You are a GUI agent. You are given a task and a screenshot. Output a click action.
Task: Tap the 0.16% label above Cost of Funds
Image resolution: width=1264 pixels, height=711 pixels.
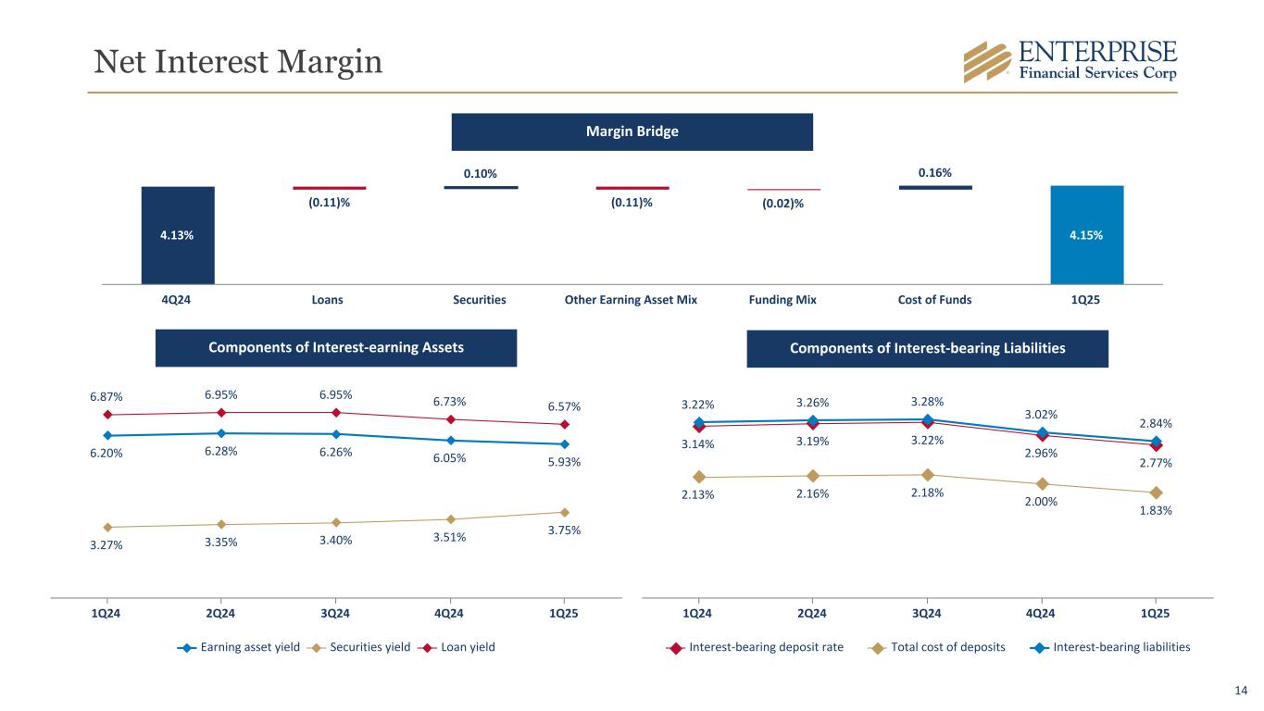coord(934,173)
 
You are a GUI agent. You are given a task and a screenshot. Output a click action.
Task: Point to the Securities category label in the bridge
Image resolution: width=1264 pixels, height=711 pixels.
coord(480,300)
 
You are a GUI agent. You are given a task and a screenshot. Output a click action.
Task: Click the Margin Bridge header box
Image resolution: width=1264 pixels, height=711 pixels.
coord(632,131)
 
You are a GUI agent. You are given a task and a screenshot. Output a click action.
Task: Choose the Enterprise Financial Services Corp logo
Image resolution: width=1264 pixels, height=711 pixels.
coord(1070,61)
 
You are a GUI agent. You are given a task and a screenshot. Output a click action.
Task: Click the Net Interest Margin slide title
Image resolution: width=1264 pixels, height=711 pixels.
coord(238,61)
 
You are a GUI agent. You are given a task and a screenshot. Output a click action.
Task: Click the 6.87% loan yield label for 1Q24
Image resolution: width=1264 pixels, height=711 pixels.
coord(106,395)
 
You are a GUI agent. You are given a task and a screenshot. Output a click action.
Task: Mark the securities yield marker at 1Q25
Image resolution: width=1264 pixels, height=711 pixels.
coord(564,512)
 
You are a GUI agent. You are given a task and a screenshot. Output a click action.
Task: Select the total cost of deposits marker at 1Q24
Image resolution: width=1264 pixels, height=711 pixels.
coord(698,477)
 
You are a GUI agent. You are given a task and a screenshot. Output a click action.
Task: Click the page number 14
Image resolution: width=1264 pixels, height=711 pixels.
coord(1241,690)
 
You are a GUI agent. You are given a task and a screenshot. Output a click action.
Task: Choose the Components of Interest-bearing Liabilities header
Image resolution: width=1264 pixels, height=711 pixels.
coord(927,349)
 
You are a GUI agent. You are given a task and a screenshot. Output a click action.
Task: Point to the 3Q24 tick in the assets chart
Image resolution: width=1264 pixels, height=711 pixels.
coord(334,612)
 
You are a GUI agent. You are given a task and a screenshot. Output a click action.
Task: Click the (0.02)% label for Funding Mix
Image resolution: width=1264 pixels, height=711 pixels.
coord(783,204)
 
